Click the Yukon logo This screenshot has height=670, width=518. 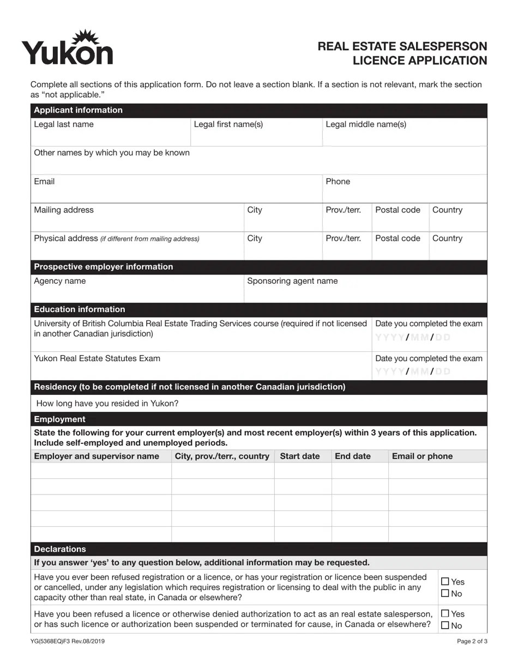(x=68, y=48)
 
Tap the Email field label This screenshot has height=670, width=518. (x=44, y=181)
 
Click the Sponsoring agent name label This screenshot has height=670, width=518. (x=292, y=281)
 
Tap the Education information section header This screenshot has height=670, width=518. (x=80, y=309)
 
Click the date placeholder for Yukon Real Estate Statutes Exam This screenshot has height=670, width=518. (x=413, y=371)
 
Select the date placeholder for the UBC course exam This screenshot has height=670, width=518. (x=413, y=337)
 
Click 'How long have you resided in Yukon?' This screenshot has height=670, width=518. (x=107, y=404)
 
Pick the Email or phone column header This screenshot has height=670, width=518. (x=422, y=456)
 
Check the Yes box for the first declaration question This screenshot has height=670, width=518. (x=445, y=582)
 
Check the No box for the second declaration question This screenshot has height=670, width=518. (x=445, y=626)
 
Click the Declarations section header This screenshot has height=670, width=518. (x=60, y=549)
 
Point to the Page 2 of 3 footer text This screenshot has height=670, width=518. (x=472, y=642)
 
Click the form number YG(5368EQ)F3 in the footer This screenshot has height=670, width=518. (x=68, y=642)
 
